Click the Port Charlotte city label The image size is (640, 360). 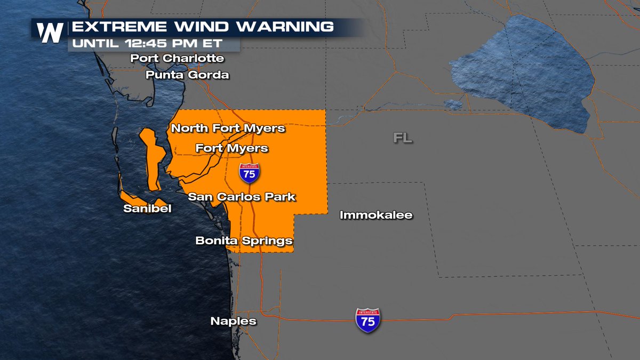point(177,58)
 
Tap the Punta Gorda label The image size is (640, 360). point(187,75)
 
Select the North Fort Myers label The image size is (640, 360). point(228,128)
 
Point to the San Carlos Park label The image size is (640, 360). point(242,197)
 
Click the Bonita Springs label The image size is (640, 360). point(244,241)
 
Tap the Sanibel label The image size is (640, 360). point(147,209)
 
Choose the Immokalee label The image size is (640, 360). point(376,215)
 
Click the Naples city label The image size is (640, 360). point(233,321)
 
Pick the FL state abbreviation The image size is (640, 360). point(403,138)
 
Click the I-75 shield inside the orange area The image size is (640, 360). point(250,172)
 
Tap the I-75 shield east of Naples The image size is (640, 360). point(368,320)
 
